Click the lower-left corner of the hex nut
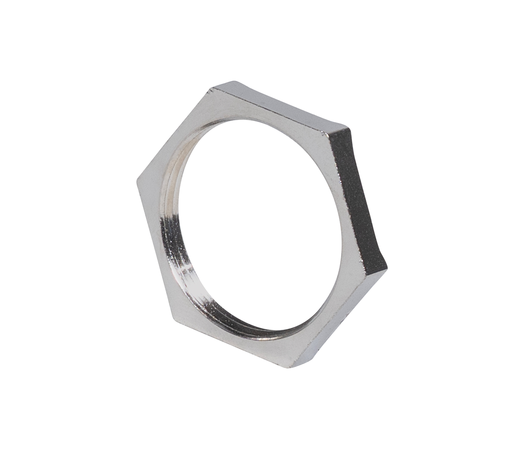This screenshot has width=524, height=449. tap(174, 319)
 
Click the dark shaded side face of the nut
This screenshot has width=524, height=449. tap(358, 196)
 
